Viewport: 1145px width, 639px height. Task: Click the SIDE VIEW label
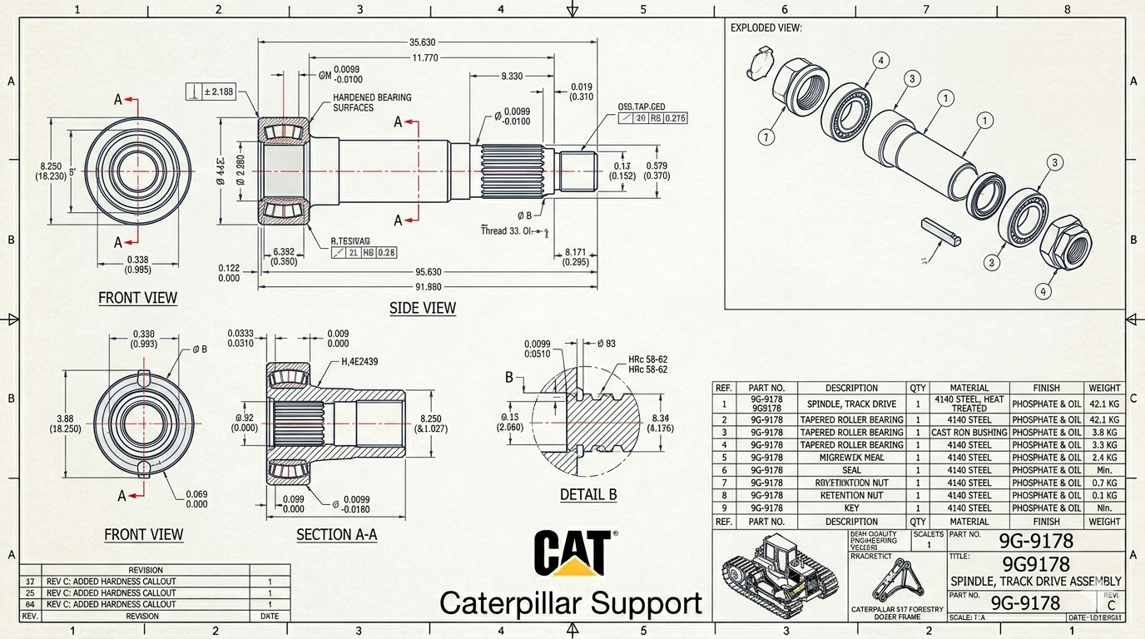pyautogui.click(x=423, y=308)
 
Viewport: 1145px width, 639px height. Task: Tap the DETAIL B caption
pyautogui.click(x=588, y=494)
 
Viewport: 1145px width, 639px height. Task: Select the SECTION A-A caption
pyautogui.click(x=336, y=534)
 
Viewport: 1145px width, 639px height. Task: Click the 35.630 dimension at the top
pyautogui.click(x=423, y=42)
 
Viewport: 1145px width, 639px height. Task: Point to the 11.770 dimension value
pyautogui.click(x=424, y=58)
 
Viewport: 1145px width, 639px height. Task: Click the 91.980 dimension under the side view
pyautogui.click(x=428, y=287)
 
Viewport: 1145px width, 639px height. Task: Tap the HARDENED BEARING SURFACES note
pyautogui.click(x=372, y=102)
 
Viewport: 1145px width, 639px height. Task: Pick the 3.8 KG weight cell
pyautogui.click(x=1104, y=433)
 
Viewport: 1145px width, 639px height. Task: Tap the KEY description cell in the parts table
pyautogui.click(x=851, y=508)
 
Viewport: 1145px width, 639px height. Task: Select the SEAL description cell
pyautogui.click(x=851, y=470)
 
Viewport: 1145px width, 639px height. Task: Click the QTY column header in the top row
pyautogui.click(x=918, y=388)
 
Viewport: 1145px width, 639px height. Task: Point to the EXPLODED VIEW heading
pyautogui.click(x=766, y=27)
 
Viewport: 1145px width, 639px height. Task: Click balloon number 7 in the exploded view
pyautogui.click(x=766, y=137)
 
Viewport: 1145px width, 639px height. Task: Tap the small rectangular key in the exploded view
pyautogui.click(x=941, y=232)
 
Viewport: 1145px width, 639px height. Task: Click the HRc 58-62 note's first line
pyautogui.click(x=647, y=359)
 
